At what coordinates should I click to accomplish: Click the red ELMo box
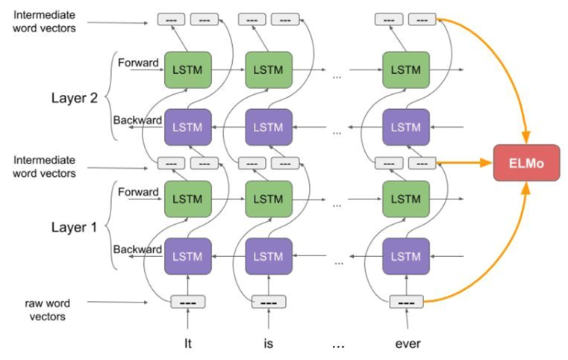tap(526, 163)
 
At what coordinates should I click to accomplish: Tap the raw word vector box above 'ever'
tap(406, 302)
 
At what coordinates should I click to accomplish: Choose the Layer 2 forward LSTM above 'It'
tap(187, 69)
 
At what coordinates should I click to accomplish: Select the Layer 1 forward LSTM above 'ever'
tap(406, 199)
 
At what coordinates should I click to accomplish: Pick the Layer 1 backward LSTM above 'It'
tap(187, 255)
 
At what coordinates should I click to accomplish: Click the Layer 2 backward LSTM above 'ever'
tap(406, 126)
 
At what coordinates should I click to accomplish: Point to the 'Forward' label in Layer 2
tap(138, 63)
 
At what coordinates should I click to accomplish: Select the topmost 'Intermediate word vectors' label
tap(45, 20)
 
